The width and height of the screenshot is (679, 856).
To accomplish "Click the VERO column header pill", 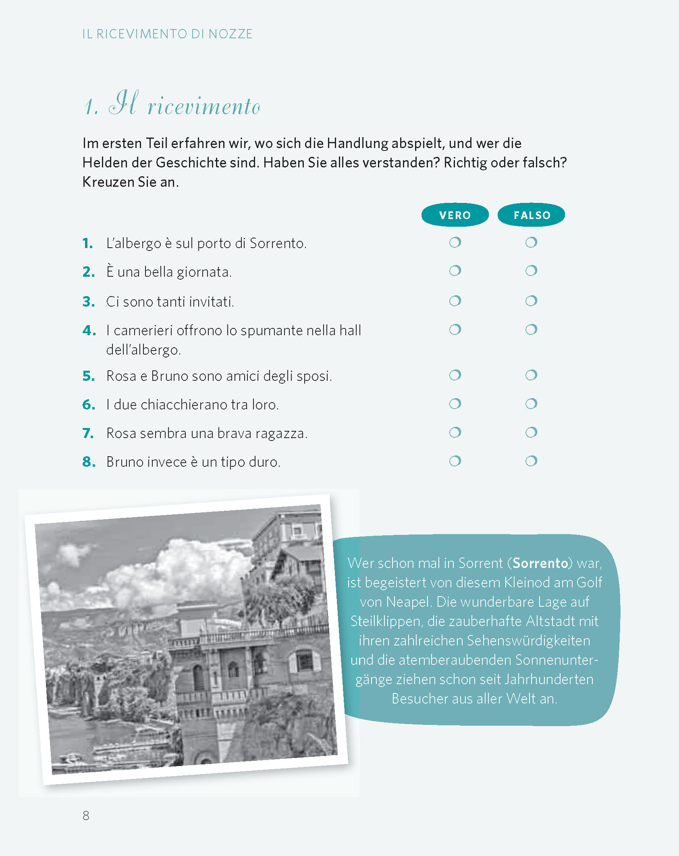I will pos(455,215).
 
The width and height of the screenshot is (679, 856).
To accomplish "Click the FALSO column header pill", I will pos(531,215).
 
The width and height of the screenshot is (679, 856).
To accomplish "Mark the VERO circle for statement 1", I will pos(455,242).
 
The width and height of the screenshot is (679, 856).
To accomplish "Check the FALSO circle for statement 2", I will pos(531,271).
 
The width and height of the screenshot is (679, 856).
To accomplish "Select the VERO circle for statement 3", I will pos(455,301).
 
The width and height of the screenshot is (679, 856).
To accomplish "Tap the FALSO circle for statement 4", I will pos(531,330).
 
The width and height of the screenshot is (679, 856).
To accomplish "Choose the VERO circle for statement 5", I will pos(455,375).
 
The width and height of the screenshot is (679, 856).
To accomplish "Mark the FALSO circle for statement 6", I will pos(531,404).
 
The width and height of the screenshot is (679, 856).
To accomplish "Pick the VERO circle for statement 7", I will pos(455,432).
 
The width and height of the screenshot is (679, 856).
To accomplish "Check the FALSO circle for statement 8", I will pos(531,461).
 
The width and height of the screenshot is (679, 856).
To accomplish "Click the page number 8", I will pos(86,815).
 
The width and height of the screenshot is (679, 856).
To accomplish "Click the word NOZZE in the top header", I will pos(230,34).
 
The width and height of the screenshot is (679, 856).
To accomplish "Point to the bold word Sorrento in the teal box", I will pos(540,563).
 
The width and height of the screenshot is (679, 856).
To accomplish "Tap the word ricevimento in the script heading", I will pos(204,107).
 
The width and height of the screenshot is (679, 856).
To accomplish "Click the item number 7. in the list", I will pos(88,433).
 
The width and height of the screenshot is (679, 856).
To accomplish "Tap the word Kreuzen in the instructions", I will pos(108,182).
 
